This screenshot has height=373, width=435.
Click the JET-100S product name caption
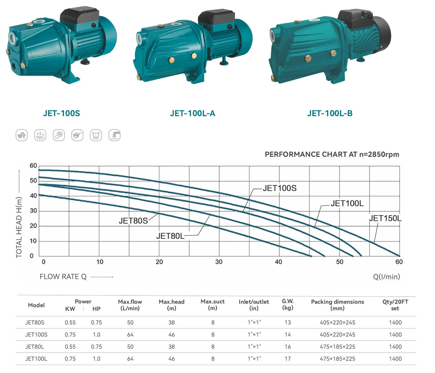click(x=61, y=113)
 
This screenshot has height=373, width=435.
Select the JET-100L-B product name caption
click(x=330, y=113)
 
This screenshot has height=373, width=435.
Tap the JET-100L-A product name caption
click(x=193, y=113)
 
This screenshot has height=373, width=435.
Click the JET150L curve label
click(x=385, y=219)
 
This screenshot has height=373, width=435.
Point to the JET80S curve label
click(x=133, y=221)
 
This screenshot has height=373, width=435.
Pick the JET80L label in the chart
click(x=170, y=236)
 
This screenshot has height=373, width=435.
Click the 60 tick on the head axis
click(x=33, y=166)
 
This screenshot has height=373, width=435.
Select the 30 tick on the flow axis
click(x=219, y=262)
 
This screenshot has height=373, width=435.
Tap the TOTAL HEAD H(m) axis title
click(x=19, y=227)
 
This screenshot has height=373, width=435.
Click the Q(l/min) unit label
click(x=386, y=277)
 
